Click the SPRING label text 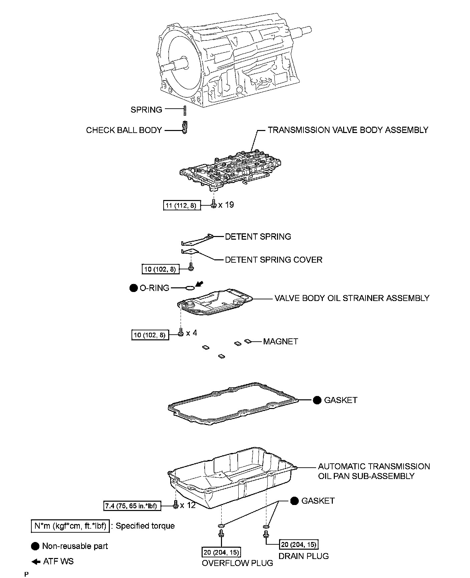146,110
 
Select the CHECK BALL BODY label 124,130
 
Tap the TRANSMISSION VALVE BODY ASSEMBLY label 348,130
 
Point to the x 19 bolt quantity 226,205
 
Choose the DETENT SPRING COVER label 274,260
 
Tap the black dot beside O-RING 134,288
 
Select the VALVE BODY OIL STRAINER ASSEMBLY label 352,298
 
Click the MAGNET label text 280,341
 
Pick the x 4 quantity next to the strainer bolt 192,333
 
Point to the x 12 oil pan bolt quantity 188,505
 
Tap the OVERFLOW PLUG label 237,563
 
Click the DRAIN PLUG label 303,556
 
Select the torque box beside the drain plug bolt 298,544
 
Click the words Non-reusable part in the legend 75,546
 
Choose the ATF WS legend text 58,561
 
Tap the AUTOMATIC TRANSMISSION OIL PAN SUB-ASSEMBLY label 374,471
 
